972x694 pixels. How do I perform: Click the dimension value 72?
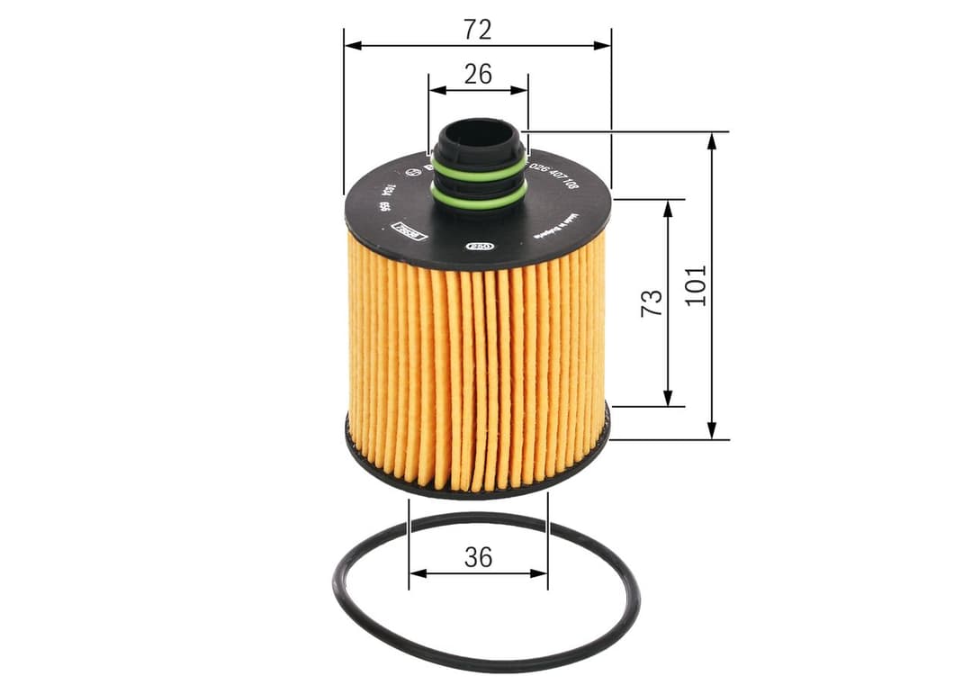tap(478, 30)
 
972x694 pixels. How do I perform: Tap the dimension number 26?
tap(478, 74)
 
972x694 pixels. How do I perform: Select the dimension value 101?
tap(696, 284)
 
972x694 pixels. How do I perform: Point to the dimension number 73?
tap(652, 302)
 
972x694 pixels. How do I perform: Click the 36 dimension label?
tap(478, 557)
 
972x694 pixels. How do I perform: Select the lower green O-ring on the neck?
tap(478, 200)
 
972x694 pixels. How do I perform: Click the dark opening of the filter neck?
tap(478, 132)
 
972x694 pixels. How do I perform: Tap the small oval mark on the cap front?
tap(479, 245)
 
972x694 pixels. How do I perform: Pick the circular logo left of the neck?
tap(413, 170)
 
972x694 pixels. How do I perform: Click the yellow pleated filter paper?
tap(477, 378)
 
